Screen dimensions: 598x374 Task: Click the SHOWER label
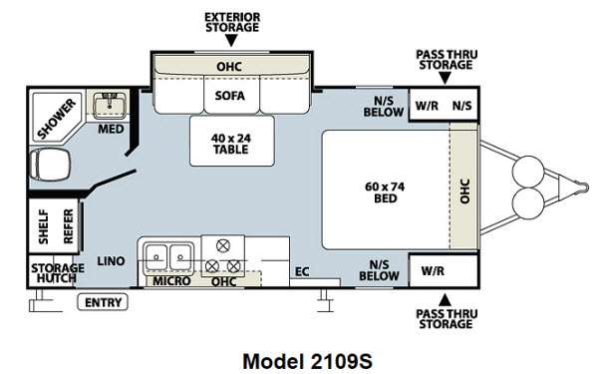[57, 119]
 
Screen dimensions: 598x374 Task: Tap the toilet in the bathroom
[50, 164]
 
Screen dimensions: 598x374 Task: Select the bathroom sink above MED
[110, 105]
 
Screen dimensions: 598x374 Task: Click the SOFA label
[229, 96]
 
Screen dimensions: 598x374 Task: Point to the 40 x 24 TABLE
[231, 141]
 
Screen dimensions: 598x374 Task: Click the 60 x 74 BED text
[385, 192]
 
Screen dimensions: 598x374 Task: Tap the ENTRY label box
[103, 302]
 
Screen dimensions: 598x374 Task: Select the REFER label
[69, 226]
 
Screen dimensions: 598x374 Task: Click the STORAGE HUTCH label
[57, 273]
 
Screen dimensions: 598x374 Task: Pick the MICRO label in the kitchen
[171, 281]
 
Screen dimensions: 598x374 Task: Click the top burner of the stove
[223, 245]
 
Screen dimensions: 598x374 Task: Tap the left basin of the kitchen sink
[155, 257]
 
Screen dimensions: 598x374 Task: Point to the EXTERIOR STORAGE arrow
[231, 41]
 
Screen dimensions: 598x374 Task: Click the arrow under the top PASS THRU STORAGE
[445, 78]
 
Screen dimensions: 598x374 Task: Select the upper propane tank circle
[528, 172]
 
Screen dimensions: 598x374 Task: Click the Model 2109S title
[307, 361]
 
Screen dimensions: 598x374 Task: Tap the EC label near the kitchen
[302, 271]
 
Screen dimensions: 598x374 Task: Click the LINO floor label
[111, 261]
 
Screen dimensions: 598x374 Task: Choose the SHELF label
[44, 226]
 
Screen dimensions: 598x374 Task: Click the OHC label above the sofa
[229, 67]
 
